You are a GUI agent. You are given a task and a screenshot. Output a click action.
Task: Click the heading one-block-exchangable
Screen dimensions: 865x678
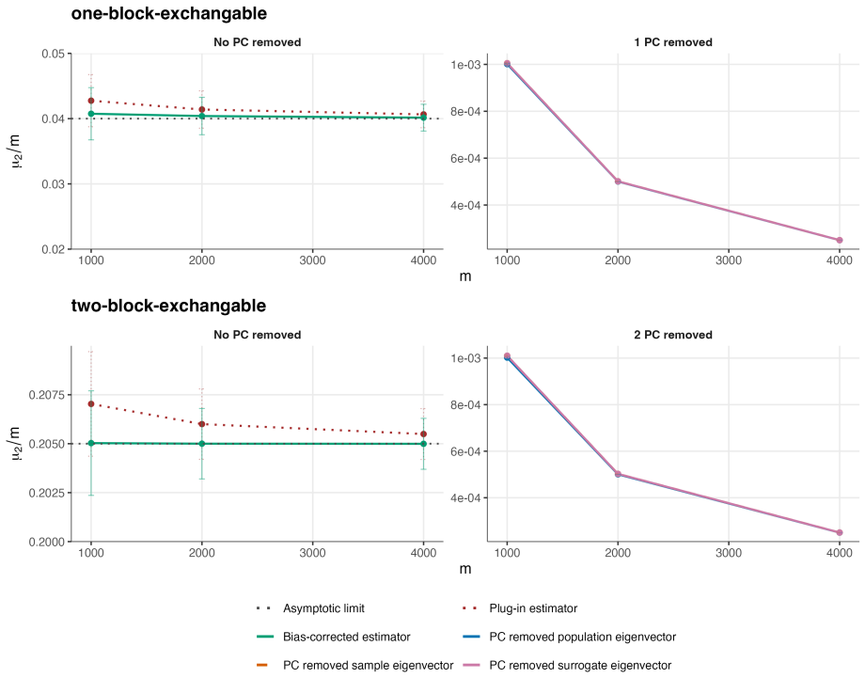click(x=169, y=14)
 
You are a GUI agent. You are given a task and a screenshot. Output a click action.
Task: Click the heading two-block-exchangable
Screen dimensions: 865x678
click(x=169, y=306)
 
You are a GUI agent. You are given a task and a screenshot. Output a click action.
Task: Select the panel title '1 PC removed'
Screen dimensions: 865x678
click(x=673, y=42)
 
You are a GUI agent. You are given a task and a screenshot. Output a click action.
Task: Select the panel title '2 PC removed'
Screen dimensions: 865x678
click(x=673, y=335)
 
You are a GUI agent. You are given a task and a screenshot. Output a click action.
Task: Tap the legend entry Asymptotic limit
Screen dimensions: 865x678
click(x=323, y=608)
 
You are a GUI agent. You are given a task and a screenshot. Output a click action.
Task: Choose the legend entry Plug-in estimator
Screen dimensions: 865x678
click(x=533, y=608)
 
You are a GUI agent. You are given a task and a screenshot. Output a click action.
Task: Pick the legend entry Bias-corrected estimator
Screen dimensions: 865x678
click(x=346, y=638)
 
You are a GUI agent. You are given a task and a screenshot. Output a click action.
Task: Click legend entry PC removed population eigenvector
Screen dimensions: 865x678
click(x=583, y=638)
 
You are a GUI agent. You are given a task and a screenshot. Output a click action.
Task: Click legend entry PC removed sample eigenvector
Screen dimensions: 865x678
click(x=368, y=666)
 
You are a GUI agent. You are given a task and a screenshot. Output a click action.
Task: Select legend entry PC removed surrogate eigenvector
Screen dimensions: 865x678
click(x=580, y=666)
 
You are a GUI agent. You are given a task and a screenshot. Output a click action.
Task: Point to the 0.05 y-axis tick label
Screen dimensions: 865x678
click(x=53, y=54)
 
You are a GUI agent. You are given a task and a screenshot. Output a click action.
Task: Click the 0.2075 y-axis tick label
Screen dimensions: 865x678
click(x=47, y=395)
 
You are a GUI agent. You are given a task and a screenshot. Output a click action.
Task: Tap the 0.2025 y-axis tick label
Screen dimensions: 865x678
click(x=47, y=493)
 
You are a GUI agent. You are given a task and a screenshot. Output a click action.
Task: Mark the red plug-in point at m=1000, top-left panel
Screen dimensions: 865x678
click(x=91, y=101)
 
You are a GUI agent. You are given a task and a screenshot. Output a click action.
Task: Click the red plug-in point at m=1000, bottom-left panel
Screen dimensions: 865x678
click(x=91, y=403)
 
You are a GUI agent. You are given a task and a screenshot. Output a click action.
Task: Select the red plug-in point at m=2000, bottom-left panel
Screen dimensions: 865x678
click(x=202, y=424)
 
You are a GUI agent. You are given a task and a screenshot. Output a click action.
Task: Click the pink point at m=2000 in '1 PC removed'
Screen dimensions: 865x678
click(x=618, y=181)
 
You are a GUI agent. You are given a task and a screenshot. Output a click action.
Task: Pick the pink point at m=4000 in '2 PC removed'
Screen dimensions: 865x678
click(x=840, y=533)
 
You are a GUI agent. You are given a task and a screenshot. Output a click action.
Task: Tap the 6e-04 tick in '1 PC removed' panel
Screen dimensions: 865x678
click(x=465, y=158)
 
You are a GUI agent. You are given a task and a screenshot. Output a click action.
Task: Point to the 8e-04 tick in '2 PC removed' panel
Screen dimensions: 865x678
click(x=465, y=405)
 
